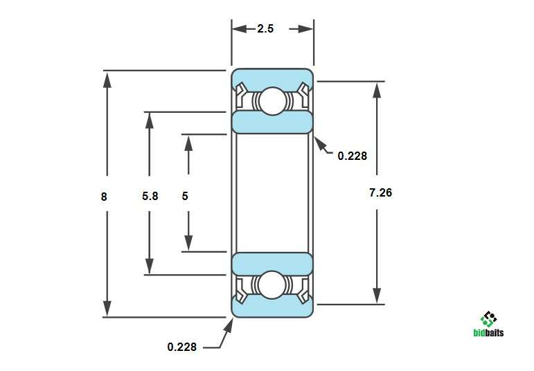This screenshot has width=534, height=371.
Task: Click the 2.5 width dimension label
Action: [265, 28]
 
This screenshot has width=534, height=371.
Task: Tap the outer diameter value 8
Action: [104, 197]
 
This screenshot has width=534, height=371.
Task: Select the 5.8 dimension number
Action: [150, 196]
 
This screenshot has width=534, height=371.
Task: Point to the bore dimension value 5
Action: [185, 196]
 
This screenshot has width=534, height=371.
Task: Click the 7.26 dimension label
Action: [381, 192]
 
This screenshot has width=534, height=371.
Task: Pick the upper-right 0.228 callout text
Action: [353, 156]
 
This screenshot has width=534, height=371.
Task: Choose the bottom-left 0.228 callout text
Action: [182, 347]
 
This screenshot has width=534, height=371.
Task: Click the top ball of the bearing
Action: [272, 101]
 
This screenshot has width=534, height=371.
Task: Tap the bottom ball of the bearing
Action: [272, 285]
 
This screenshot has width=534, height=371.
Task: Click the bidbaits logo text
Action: [489, 332]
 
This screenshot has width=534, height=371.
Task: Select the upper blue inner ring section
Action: [272, 122]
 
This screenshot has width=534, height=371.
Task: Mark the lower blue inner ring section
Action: [272, 264]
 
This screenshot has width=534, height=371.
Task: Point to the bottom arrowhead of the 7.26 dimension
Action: [377, 296]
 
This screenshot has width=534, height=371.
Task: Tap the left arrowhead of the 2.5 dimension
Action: [240, 29]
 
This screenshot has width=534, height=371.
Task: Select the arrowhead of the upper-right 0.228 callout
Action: [320, 143]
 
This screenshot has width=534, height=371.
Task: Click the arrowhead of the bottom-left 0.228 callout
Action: [229, 326]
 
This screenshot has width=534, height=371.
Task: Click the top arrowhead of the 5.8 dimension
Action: [149, 120]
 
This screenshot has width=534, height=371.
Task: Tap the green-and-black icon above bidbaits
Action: [489, 319]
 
